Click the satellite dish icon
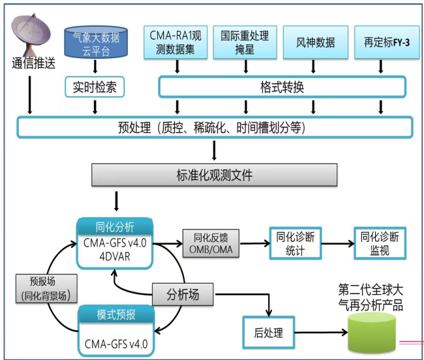point(31,35)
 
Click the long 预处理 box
point(215,127)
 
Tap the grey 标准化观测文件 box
point(215,175)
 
